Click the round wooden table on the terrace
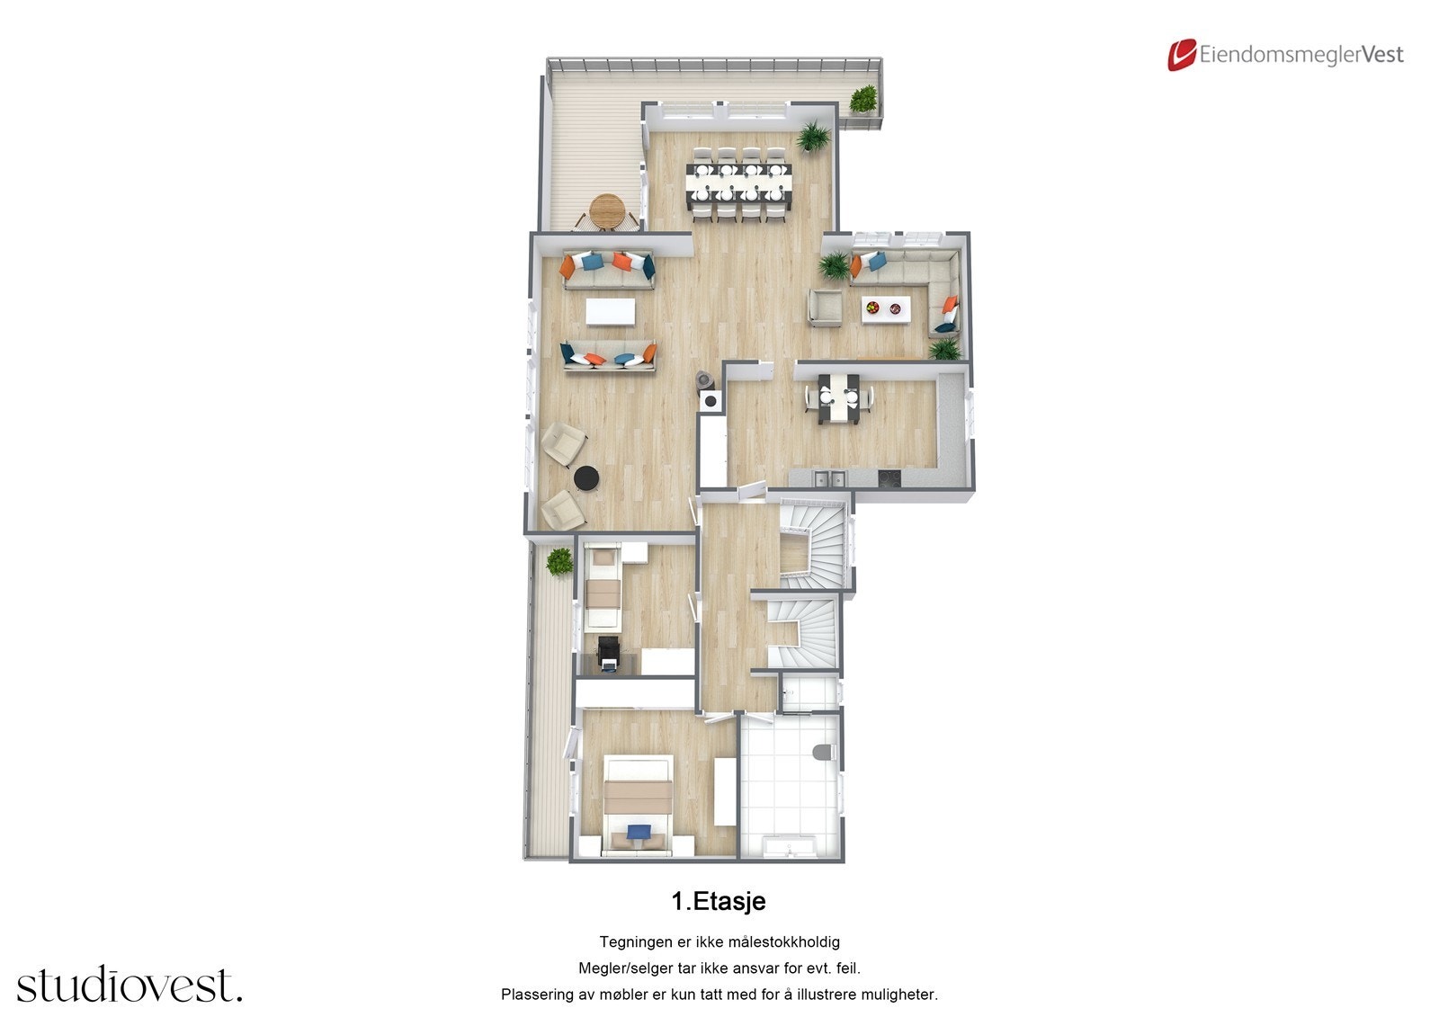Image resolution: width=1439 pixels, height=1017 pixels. pyautogui.click(x=607, y=210)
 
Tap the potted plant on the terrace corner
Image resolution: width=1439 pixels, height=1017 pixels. pyautogui.click(x=863, y=99)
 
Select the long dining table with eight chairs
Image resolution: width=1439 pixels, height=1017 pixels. pyautogui.click(x=739, y=183)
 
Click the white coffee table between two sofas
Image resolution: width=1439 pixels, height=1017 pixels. pyautogui.click(x=610, y=312)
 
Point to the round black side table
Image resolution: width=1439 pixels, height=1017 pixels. pyautogui.click(x=586, y=478)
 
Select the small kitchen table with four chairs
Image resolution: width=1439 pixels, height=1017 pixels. pyautogui.click(x=838, y=397)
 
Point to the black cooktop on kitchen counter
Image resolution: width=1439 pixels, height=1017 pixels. pyautogui.click(x=888, y=478)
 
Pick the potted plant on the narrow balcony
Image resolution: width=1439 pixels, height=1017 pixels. pyautogui.click(x=559, y=562)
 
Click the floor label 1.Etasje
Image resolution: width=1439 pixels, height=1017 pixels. pyautogui.click(x=719, y=901)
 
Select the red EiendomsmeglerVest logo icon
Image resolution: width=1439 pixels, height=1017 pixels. pyautogui.click(x=1181, y=55)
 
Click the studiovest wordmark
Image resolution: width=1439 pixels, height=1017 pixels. pyautogui.click(x=130, y=986)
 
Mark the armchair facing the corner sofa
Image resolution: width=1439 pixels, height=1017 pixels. pyautogui.click(x=824, y=307)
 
